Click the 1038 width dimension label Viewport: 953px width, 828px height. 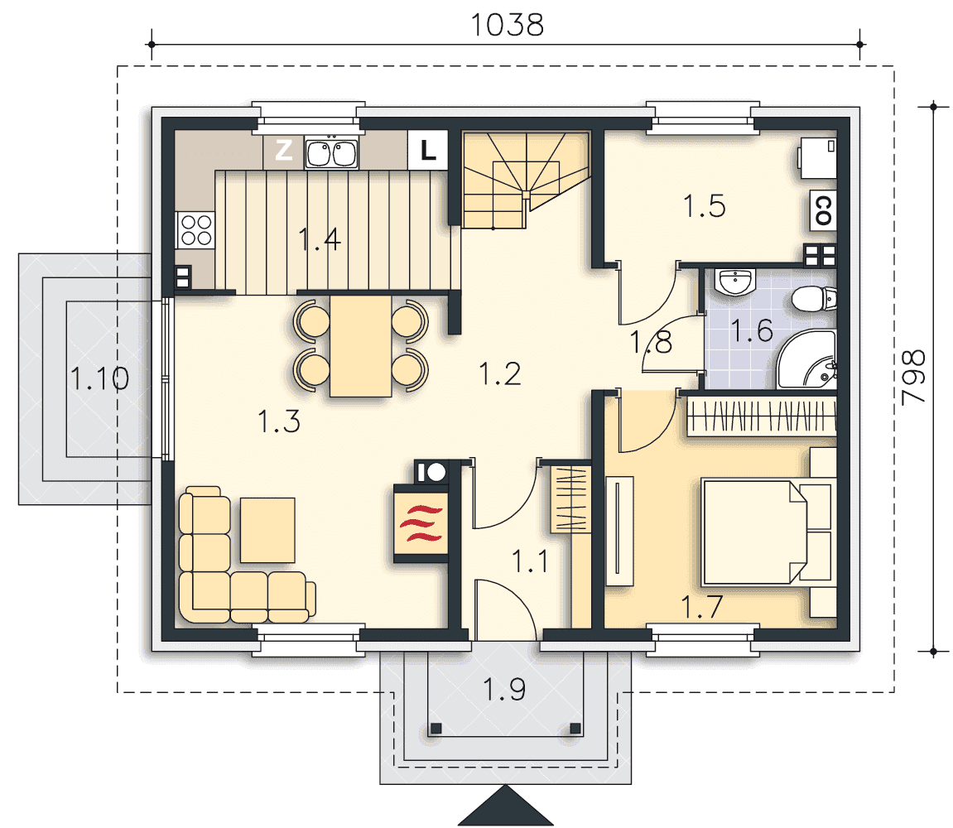(x=507, y=25)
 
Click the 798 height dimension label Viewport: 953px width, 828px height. (x=913, y=377)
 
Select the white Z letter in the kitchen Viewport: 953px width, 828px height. (x=284, y=150)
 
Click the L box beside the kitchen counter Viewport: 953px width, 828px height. (x=428, y=150)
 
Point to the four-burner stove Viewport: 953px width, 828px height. (x=195, y=230)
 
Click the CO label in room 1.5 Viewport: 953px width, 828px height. (x=823, y=210)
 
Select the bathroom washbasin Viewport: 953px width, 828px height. (x=735, y=282)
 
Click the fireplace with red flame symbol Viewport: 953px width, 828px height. (x=421, y=522)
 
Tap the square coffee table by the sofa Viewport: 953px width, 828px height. (x=267, y=530)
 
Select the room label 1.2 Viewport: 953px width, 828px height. (x=499, y=374)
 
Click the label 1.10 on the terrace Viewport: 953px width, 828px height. (x=99, y=378)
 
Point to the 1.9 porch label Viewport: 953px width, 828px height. (x=504, y=690)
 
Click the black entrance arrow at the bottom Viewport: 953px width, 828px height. (x=505, y=806)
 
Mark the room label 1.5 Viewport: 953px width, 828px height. (x=705, y=206)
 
